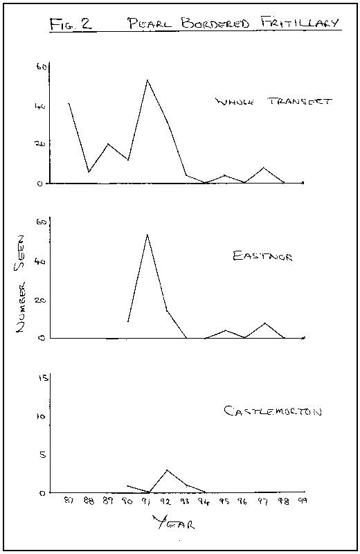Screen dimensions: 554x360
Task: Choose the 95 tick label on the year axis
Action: (225, 501)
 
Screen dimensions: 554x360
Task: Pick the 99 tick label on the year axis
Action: (303, 501)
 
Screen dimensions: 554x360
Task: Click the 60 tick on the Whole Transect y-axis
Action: (42, 67)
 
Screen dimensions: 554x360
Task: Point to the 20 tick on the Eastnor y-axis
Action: (42, 301)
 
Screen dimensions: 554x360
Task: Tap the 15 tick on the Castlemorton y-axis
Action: (43, 379)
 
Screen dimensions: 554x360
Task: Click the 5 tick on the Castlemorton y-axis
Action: (44, 454)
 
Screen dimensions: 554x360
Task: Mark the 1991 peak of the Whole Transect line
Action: (147, 80)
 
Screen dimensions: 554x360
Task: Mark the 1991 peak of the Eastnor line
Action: (147, 235)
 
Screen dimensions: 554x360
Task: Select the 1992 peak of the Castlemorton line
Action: (167, 470)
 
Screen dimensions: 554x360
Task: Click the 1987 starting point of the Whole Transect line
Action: (69, 103)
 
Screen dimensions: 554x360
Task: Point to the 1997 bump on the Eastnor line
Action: (264, 323)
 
